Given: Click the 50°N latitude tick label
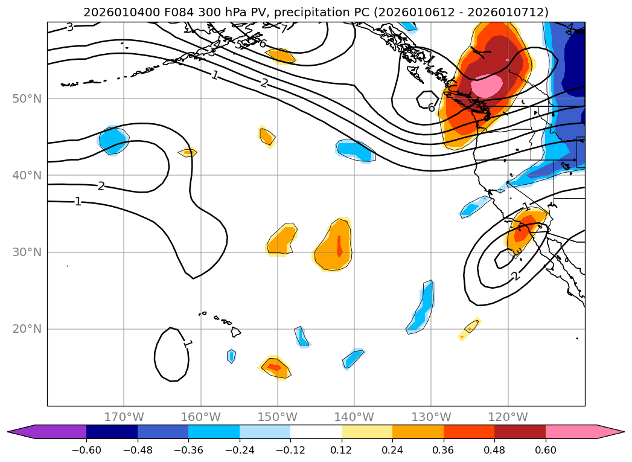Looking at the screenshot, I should [x=27, y=98].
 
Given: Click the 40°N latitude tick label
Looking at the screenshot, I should [x=27, y=176].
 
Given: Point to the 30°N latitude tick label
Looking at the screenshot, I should [x=27, y=252].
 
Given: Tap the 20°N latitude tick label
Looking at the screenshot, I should [x=27, y=329].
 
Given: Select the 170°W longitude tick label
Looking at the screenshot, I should [x=124, y=417].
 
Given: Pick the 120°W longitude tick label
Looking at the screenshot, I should [x=508, y=417].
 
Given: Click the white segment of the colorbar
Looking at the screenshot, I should [x=316, y=432].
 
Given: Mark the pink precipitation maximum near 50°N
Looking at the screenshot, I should [x=487, y=86].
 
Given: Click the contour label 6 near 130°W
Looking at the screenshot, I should [x=431, y=108].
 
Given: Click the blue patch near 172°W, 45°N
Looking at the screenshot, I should [x=112, y=141].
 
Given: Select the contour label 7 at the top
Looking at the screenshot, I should [x=284, y=28].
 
